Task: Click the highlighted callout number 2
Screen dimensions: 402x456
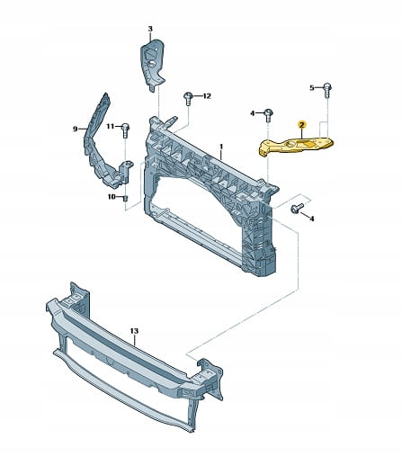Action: pyautogui.click(x=301, y=125)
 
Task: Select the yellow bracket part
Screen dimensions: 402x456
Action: pyautogui.click(x=295, y=145)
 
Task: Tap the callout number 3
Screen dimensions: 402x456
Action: pyautogui.click(x=150, y=29)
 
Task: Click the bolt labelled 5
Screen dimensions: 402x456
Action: pyautogui.click(x=327, y=90)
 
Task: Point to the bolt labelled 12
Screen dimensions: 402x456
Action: pyautogui.click(x=188, y=98)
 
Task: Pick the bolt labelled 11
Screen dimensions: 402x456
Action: pyautogui.click(x=125, y=130)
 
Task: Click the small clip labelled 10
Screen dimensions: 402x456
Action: pyautogui.click(x=126, y=198)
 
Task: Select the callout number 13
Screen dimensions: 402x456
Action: pyautogui.click(x=135, y=331)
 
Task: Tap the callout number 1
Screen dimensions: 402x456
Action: pyautogui.click(x=221, y=147)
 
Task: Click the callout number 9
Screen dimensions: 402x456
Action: pyautogui.click(x=75, y=129)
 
